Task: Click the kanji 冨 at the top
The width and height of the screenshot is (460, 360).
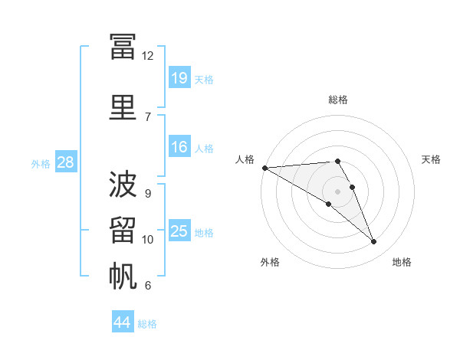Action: click(123, 47)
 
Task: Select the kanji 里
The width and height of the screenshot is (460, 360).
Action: click(123, 107)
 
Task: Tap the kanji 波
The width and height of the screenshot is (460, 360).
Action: click(123, 184)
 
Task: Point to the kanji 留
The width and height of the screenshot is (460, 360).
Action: click(123, 230)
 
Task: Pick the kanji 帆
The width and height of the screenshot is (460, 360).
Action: click(123, 276)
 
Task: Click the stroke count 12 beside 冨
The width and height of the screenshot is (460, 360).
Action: click(147, 56)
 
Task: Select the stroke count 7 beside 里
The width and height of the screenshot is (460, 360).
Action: click(148, 117)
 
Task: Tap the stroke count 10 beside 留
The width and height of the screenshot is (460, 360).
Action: click(147, 240)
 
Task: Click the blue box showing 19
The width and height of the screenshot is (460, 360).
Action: click(180, 77)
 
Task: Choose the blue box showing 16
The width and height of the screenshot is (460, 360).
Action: click(180, 146)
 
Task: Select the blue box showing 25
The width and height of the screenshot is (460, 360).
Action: click(180, 230)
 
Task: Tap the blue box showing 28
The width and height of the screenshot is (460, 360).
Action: click(66, 162)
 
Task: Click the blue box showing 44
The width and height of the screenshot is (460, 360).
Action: click(123, 321)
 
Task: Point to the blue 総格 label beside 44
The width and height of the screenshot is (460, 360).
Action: click(147, 324)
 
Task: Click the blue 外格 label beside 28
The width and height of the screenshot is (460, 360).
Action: click(41, 164)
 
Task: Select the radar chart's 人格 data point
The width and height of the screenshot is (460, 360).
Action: click(265, 168)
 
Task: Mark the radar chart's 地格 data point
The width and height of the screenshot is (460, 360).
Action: click(373, 241)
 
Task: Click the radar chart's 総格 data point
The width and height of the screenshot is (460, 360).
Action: click(337, 161)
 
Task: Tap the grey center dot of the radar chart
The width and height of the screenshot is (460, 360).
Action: click(337, 191)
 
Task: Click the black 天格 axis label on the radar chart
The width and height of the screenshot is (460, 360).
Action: click(431, 159)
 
